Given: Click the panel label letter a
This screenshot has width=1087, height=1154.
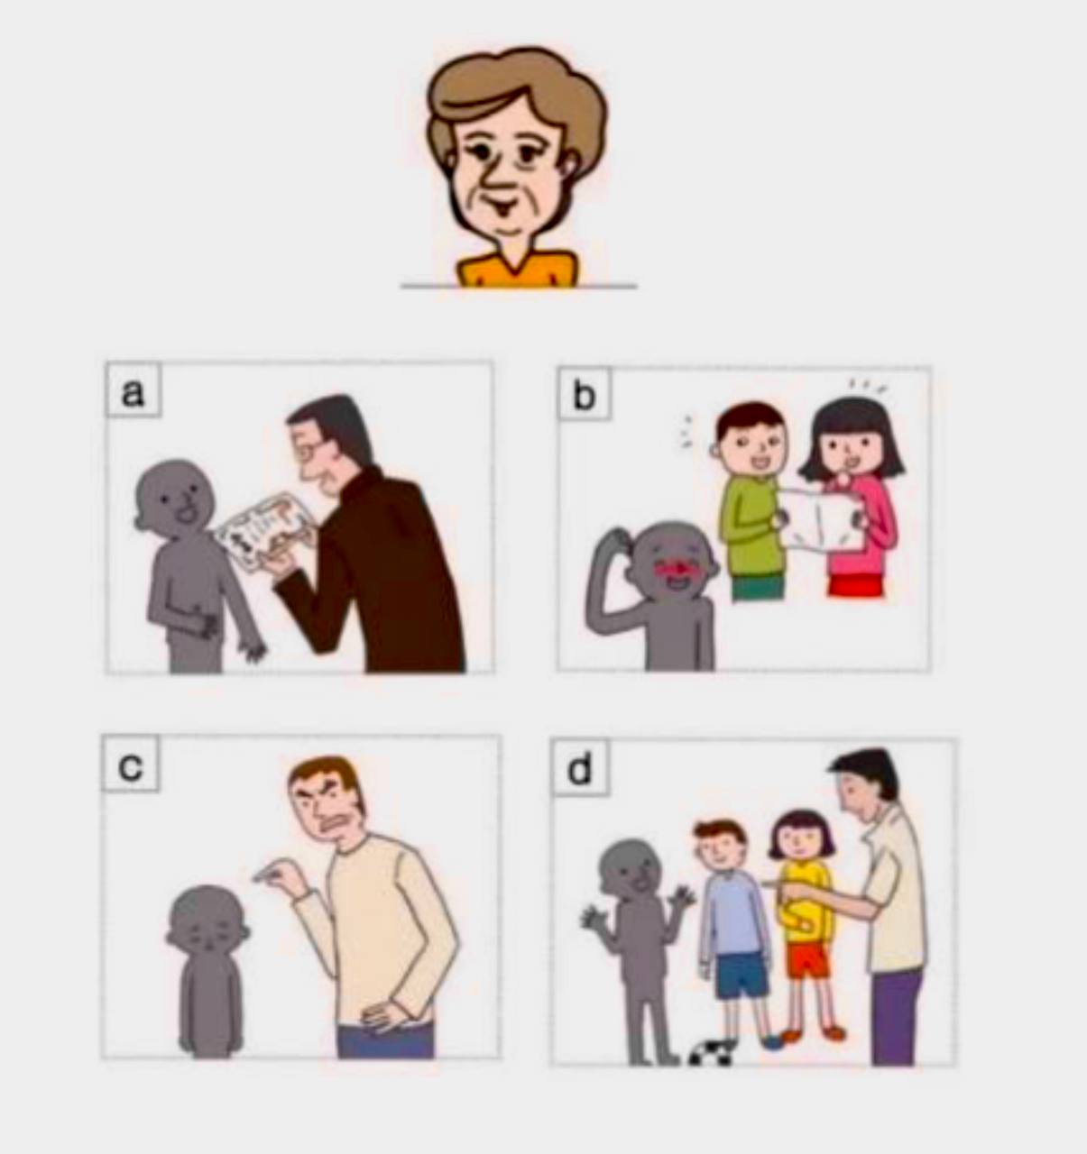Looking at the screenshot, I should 133,392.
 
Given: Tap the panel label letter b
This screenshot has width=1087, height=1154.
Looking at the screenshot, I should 584,395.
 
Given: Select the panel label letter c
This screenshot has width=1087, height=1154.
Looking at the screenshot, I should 131,766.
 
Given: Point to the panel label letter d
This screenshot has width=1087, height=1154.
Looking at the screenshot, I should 579,769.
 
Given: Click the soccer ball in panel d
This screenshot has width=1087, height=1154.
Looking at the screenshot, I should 712,1052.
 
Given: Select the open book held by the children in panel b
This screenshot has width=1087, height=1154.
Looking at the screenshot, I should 821,519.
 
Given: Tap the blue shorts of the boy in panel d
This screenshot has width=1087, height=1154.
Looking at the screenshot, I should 742,974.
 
